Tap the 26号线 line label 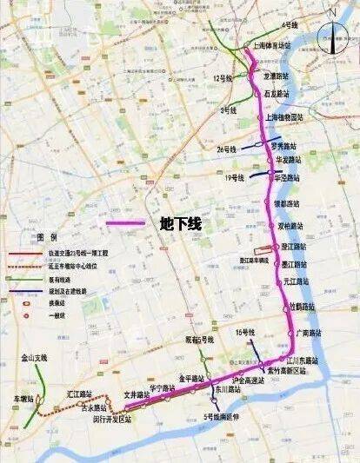226,149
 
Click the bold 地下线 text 181,223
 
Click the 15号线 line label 245,333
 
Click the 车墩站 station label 23,399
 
